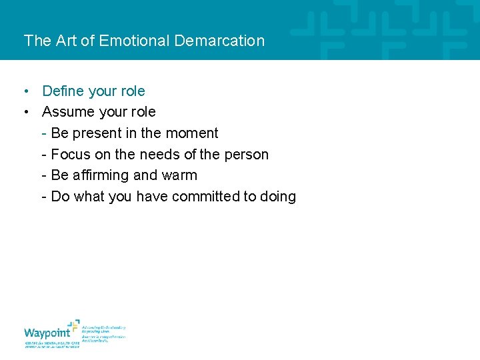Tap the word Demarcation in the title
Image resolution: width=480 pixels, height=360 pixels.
(219, 41)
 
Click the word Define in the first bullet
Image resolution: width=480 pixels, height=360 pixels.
(63, 91)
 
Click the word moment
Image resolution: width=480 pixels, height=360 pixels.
(192, 133)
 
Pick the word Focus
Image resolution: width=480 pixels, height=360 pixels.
(70, 155)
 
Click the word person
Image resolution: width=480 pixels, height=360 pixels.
(246, 155)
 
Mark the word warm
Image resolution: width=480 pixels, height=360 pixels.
(179, 175)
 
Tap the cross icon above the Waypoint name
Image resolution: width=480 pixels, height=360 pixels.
(73, 325)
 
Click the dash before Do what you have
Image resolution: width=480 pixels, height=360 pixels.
(44, 197)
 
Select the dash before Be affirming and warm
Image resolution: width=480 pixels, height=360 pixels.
(44, 175)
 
